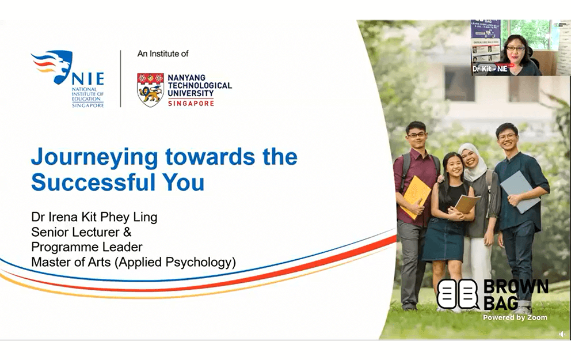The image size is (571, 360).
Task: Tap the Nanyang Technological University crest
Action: point(150,89)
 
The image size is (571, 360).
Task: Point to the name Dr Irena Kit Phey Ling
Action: point(94,218)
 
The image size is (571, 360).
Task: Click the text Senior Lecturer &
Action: point(81,232)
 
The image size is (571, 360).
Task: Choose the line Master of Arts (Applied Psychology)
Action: point(134,262)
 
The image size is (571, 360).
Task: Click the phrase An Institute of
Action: point(163,54)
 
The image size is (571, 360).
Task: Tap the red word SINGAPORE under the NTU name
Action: point(191,103)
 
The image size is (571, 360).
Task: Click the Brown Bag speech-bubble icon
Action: point(458,294)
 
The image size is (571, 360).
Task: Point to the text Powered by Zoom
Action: point(515,317)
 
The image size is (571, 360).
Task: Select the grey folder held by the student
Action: point(519,191)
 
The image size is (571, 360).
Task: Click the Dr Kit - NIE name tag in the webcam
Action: point(490,69)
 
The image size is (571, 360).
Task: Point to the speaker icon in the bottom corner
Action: point(562,334)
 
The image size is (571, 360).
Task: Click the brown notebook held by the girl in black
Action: point(465,203)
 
